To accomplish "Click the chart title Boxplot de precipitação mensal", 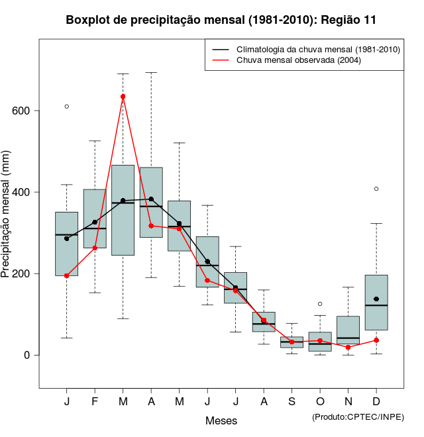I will (221, 20).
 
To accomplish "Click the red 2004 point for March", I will (123, 97).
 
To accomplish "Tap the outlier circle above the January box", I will (67, 107).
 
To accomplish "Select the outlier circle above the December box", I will (376, 189).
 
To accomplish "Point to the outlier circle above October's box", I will (320, 304).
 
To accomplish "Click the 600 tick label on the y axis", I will (22, 111).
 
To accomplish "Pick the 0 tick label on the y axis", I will (28, 355).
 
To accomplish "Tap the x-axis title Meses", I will (221, 420).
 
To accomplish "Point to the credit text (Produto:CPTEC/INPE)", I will (358, 416).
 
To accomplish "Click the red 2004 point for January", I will (67, 275).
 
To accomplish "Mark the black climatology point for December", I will (376, 299).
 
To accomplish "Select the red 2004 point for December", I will (376, 340).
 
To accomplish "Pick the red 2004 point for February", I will (95, 248).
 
